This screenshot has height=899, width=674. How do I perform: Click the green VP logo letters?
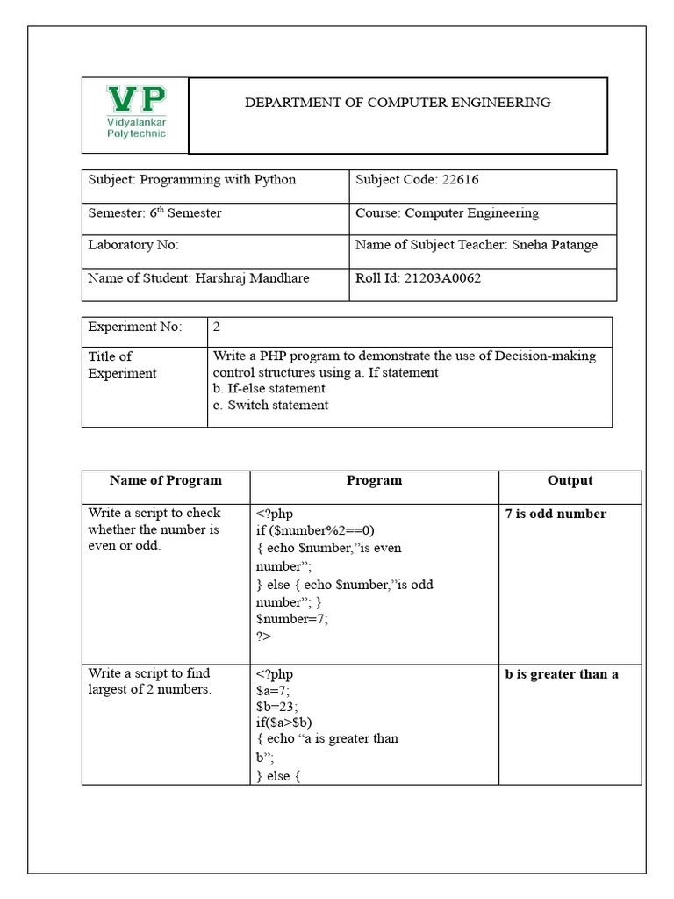tap(135, 98)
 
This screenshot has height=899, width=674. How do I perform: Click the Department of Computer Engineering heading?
tap(397, 103)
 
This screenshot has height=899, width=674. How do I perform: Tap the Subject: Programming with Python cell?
tap(192, 180)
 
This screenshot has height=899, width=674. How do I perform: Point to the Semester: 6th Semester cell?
tap(155, 213)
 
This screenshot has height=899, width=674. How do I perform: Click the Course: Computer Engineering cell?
tap(447, 213)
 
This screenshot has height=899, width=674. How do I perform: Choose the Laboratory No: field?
tap(133, 246)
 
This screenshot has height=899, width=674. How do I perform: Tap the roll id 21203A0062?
tap(443, 279)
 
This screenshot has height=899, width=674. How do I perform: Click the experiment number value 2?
tap(217, 327)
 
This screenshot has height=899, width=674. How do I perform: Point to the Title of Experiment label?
tap(122, 365)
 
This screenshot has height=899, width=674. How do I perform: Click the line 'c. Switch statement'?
tap(271, 406)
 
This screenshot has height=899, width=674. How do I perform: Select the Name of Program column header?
tap(166, 481)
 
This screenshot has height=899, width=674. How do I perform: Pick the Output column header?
tap(570, 481)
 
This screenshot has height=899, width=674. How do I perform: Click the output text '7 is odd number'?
tap(556, 514)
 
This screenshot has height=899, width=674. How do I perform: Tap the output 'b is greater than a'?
tap(562, 675)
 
